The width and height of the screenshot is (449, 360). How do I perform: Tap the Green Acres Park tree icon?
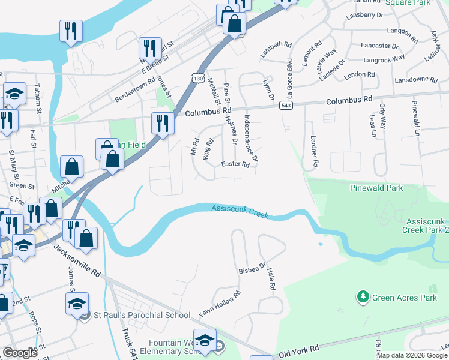(362, 296)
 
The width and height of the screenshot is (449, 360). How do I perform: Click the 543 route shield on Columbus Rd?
(285, 106)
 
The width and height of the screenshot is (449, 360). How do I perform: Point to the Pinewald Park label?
(376, 188)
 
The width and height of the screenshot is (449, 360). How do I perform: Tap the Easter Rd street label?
(235, 164)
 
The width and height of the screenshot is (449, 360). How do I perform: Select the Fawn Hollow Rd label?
(220, 304)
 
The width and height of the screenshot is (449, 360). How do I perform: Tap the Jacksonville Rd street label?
(77, 265)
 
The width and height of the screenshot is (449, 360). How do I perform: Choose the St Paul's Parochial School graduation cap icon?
(77, 303)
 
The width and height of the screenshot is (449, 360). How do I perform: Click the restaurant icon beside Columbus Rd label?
(163, 123)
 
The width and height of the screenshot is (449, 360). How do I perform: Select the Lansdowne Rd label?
(416, 79)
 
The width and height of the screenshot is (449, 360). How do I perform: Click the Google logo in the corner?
(20, 353)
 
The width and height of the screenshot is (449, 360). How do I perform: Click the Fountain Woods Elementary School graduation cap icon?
(205, 340)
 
